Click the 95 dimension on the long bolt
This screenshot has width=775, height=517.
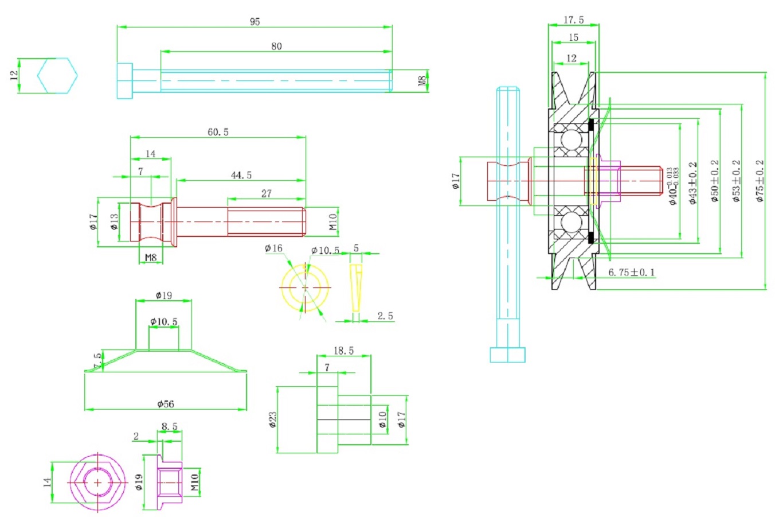pos(255,22)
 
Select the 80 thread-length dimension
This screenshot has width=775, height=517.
pos(276,46)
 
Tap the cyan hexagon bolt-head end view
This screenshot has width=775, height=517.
pos(57,75)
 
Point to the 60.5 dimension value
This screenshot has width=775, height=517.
pos(218,132)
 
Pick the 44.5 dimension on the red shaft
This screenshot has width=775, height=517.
pos(241,175)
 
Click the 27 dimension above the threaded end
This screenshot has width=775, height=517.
pos(266,194)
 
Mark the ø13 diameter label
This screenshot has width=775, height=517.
pos(114,222)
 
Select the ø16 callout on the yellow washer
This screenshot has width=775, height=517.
pos(273,248)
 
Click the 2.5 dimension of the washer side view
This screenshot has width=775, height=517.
pos(385,316)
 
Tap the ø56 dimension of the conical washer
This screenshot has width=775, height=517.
pos(166,404)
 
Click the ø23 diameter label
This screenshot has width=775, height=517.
pos(272,420)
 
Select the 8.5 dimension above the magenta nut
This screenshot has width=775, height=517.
pos(169,427)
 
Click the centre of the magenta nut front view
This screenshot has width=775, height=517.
pos(97,483)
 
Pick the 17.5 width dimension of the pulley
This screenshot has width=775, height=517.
pos(573,20)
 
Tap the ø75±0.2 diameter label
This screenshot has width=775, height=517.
pos(760,181)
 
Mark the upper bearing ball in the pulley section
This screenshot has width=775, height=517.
pos(570,140)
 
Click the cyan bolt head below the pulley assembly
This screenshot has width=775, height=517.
pos(507,355)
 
